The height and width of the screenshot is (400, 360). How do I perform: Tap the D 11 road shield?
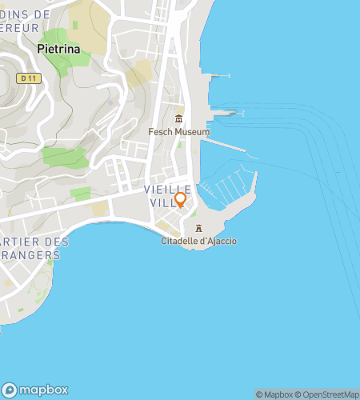[29, 78]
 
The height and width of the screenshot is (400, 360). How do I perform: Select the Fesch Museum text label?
[178, 132]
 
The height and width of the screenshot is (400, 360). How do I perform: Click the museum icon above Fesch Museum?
[178, 119]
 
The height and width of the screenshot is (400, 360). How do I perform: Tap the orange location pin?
[181, 199]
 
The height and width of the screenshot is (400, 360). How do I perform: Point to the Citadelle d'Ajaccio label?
[198, 241]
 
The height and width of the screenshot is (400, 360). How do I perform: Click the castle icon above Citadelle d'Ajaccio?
[198, 229]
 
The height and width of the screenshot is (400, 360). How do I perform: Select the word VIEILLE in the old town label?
[168, 189]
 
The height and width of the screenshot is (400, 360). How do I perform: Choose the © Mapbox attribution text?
[274, 394]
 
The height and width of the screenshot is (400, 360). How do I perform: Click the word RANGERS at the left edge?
[30, 255]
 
